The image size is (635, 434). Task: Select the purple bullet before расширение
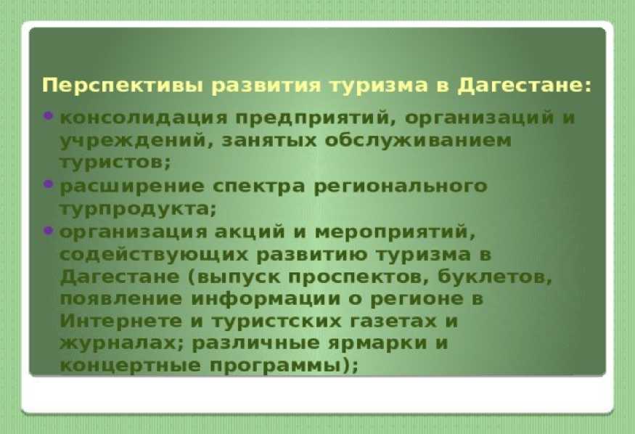tap(48, 184)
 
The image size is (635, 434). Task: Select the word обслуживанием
tap(418, 141)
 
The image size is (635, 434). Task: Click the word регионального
tap(401, 187)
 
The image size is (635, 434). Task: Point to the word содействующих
tap(153, 255)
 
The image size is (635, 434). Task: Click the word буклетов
tap(495, 277)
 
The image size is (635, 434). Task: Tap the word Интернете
tap(121, 322)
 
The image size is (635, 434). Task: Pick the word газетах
tap(392, 322)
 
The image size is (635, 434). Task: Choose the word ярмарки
tap(377, 344)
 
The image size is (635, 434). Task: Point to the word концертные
tap(130, 366)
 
